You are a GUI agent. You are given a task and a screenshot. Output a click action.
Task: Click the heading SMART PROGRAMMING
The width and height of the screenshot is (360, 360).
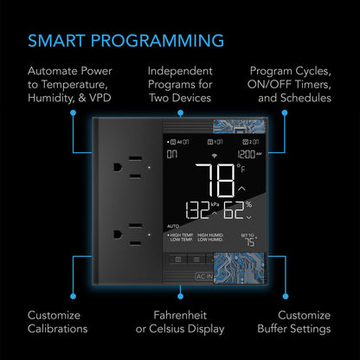click(125, 40)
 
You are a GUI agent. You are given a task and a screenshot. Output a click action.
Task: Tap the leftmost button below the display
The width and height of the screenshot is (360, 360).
click(177, 258)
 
